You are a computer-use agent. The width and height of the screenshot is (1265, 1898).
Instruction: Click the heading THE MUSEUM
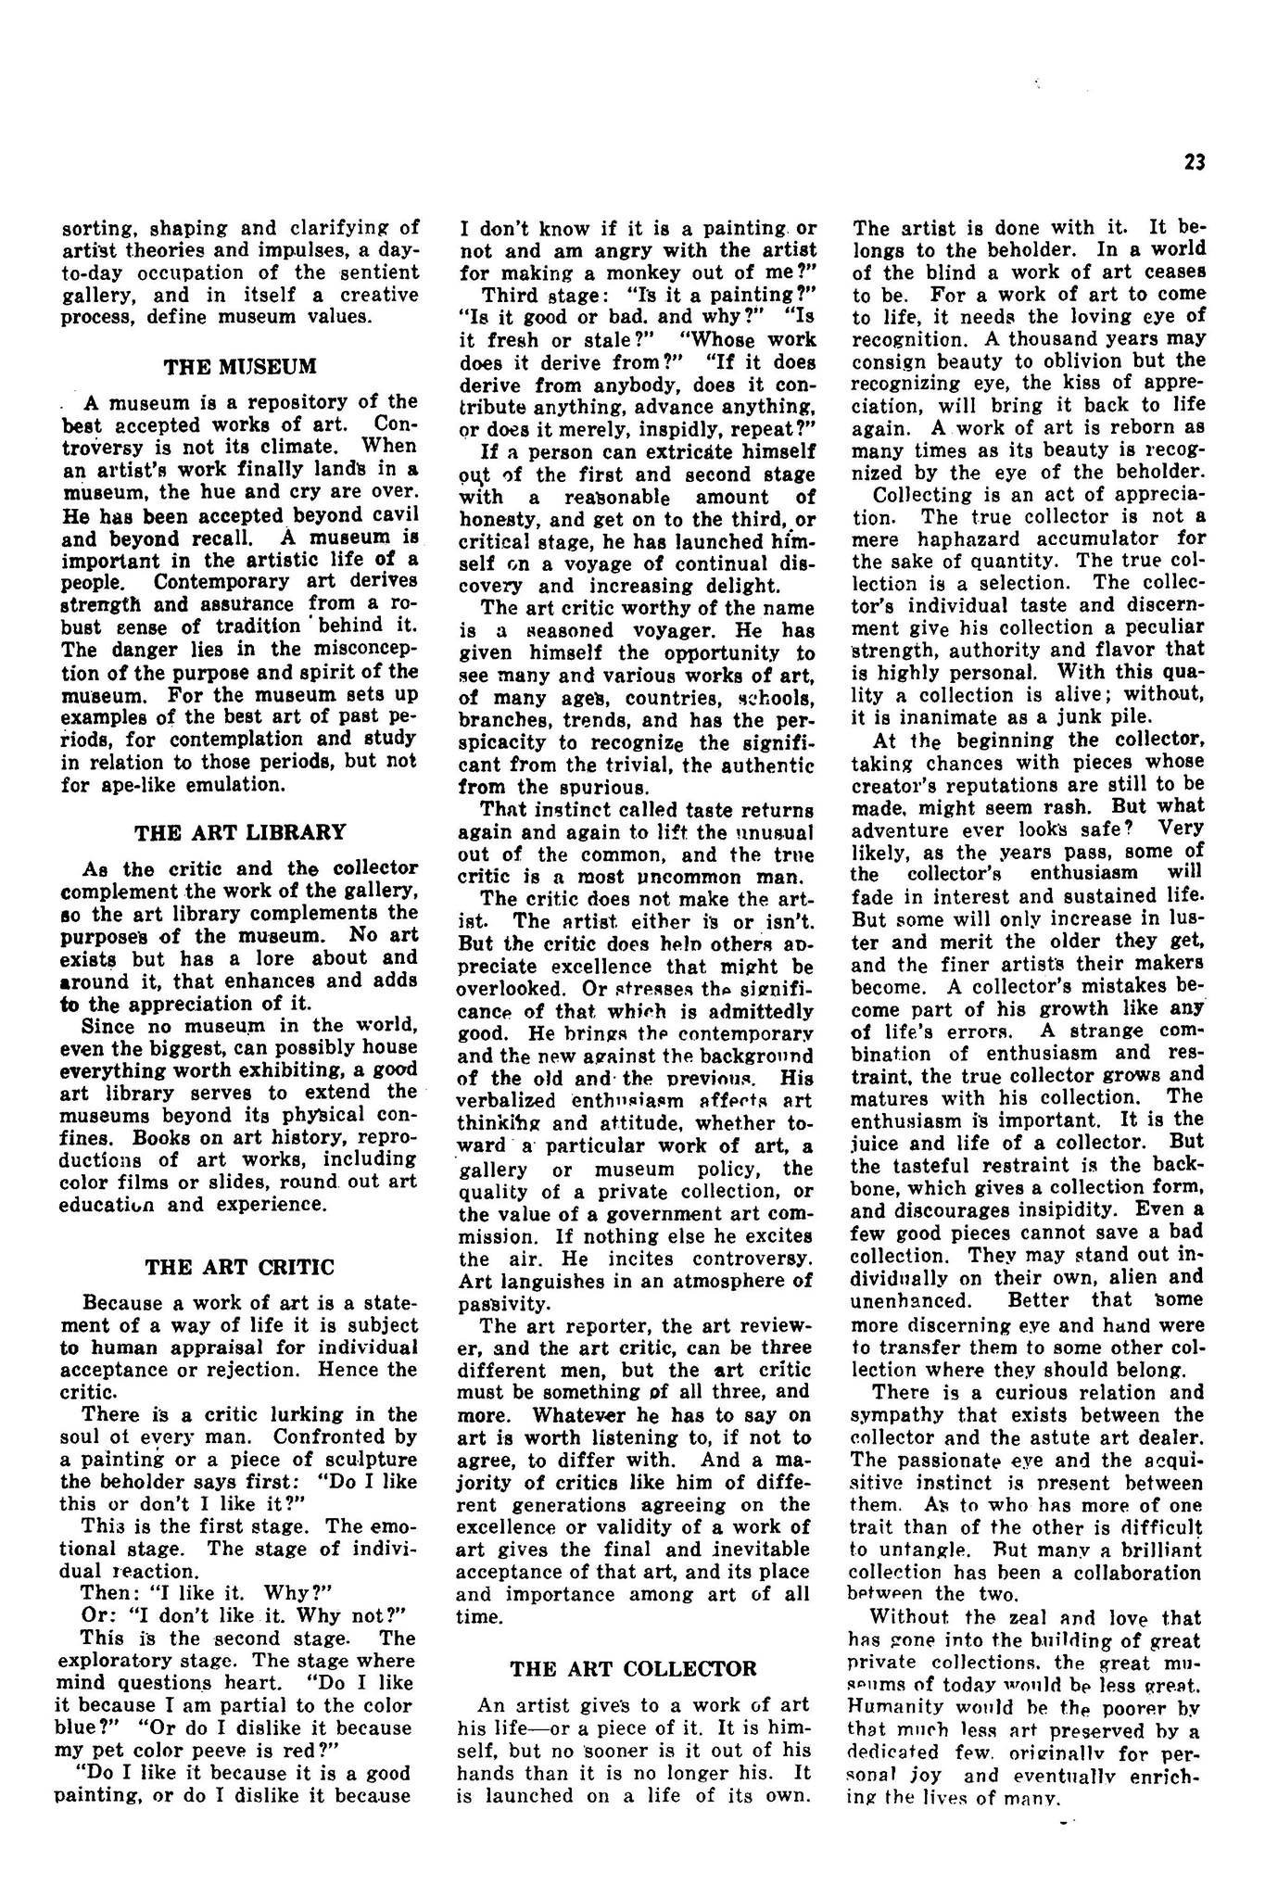click(240, 366)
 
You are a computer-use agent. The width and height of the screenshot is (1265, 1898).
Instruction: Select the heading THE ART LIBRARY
click(240, 831)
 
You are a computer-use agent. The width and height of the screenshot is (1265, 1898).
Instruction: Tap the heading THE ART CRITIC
click(240, 1266)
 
